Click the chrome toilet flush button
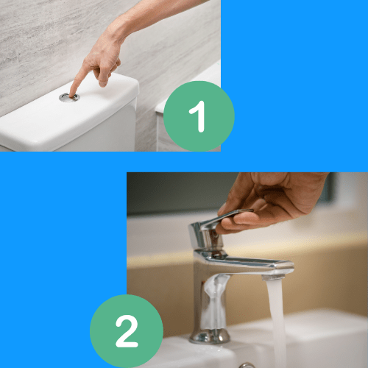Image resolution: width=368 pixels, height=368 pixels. (69, 97)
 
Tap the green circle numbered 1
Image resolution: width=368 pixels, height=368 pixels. (199, 116)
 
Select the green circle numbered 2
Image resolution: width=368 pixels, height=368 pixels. (127, 331)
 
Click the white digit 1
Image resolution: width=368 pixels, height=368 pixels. (198, 116)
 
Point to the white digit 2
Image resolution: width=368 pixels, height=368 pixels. (127, 331)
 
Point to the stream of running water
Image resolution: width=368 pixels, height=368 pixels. (277, 324)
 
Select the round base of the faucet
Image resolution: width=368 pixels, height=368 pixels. (210, 336)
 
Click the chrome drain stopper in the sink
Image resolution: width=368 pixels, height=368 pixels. (247, 365)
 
